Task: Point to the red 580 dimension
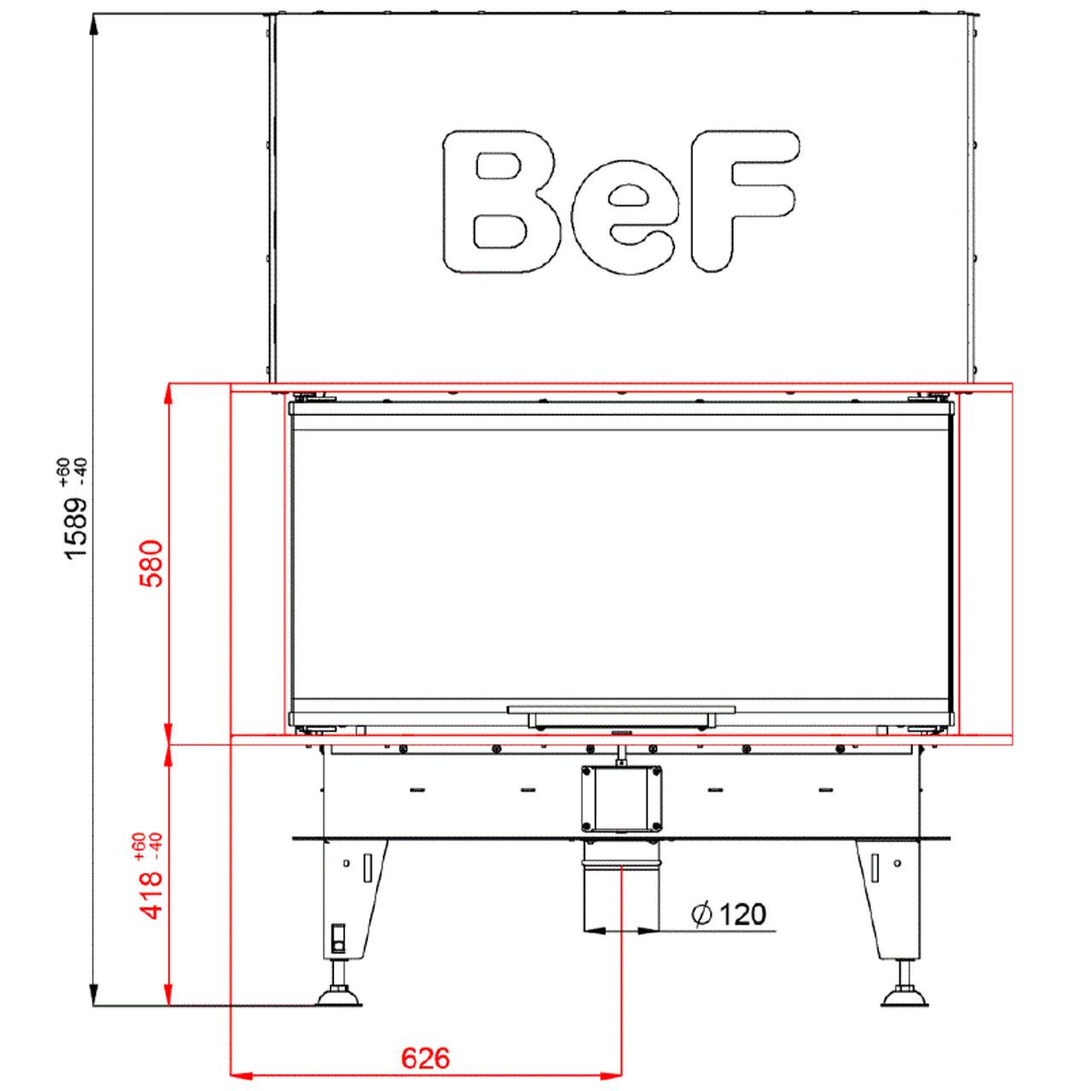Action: pos(153,564)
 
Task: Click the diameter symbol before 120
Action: pos(701,914)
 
